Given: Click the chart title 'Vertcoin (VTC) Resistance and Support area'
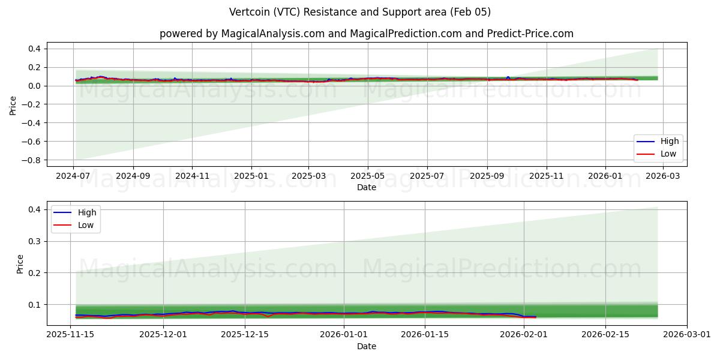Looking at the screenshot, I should click(360, 12).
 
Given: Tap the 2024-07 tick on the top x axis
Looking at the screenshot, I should click(73, 176).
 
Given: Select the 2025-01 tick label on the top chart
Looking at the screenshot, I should click(251, 176).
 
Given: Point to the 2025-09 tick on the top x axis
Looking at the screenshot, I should click(487, 176).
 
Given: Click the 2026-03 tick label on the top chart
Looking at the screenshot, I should click(664, 176).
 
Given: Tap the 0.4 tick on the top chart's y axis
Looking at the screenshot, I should click(34, 49).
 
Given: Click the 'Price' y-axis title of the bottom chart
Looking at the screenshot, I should click(20, 264).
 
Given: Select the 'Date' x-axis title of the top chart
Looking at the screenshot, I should click(366, 187).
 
